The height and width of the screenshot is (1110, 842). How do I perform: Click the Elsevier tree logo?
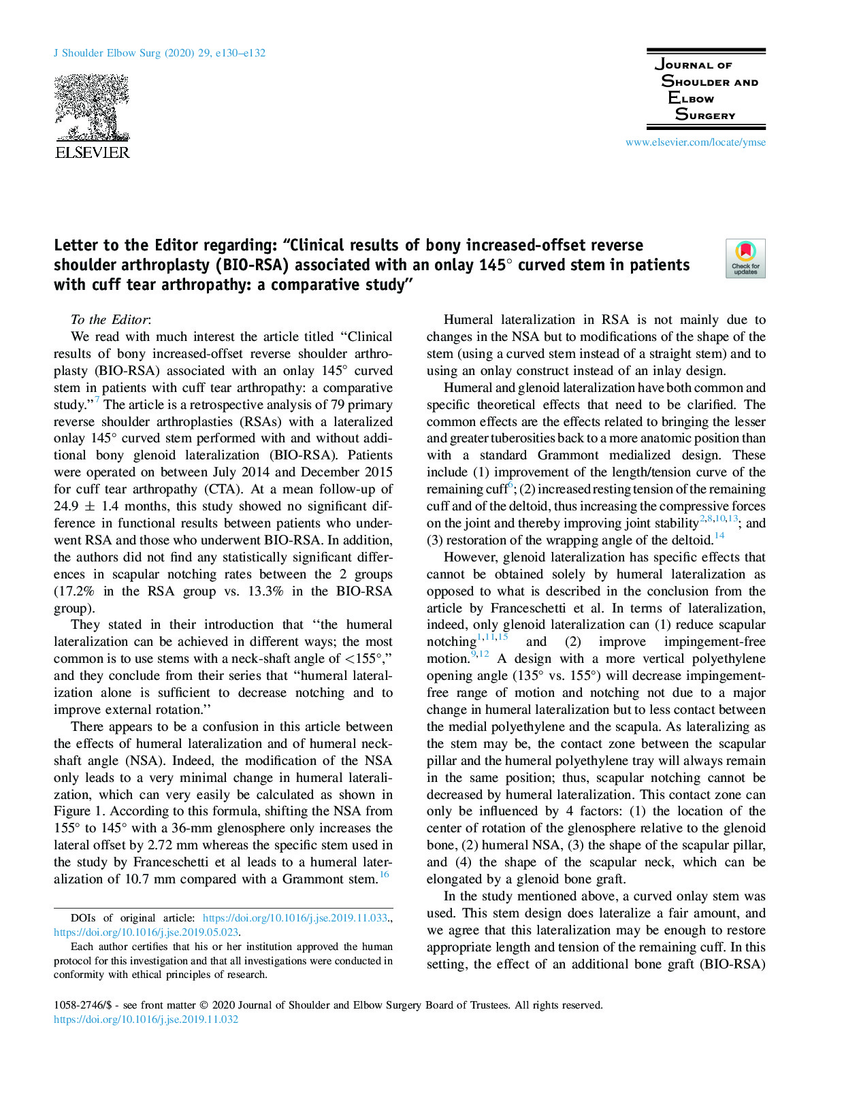pos(91,108)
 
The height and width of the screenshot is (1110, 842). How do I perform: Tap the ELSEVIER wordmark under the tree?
pos(92,152)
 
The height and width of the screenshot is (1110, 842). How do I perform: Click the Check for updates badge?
pos(745,259)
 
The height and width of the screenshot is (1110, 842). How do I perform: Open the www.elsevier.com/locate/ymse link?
pos(695,142)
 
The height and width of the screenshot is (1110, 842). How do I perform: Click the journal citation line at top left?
pos(159,53)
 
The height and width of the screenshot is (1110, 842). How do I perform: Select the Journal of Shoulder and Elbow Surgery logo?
pos(706,89)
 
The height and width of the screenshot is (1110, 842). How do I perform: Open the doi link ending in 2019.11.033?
pos(295,918)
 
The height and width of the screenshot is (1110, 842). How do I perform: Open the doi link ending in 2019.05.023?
pos(146,932)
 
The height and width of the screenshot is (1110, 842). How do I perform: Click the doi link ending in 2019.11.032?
pos(146,1019)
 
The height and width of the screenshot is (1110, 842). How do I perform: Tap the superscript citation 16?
pos(385,875)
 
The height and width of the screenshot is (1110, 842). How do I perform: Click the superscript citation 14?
pos(719,536)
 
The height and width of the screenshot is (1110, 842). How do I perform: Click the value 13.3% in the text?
pos(265,591)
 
